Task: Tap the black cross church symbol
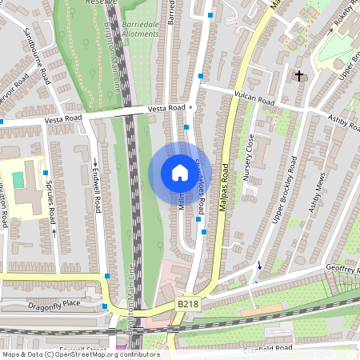300,76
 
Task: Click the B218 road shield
187,304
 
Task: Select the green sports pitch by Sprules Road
18,180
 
